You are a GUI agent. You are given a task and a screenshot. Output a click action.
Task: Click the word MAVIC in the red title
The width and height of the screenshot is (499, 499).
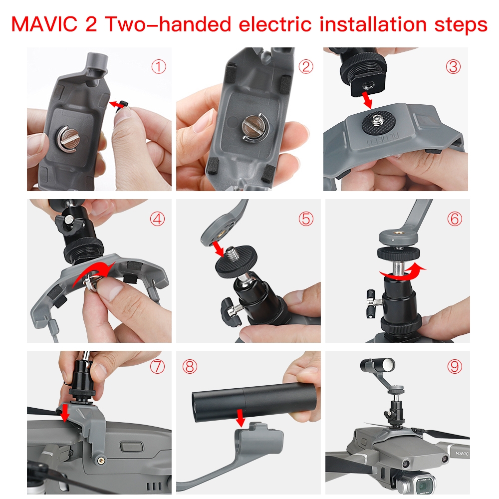(44, 24)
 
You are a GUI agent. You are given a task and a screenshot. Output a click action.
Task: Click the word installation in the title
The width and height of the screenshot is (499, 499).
(373, 24)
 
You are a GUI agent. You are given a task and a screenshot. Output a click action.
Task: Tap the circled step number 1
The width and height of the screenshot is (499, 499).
(159, 67)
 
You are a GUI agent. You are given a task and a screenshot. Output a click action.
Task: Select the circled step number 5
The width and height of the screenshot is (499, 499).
(306, 219)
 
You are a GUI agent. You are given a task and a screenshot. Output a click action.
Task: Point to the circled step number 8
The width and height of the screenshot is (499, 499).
(190, 367)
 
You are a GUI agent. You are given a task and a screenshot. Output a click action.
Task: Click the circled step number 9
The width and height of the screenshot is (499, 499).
(455, 367)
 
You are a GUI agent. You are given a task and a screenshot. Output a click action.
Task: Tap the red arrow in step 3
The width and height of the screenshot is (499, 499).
(367, 100)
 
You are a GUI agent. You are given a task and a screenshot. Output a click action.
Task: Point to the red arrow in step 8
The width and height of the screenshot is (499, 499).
(241, 418)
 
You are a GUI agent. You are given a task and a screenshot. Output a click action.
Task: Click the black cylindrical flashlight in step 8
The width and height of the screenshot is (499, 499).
(253, 402)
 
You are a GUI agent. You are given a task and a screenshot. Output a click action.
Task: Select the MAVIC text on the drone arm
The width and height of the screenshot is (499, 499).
(462, 453)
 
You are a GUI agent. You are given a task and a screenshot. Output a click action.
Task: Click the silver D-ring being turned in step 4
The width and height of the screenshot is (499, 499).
(93, 282)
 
